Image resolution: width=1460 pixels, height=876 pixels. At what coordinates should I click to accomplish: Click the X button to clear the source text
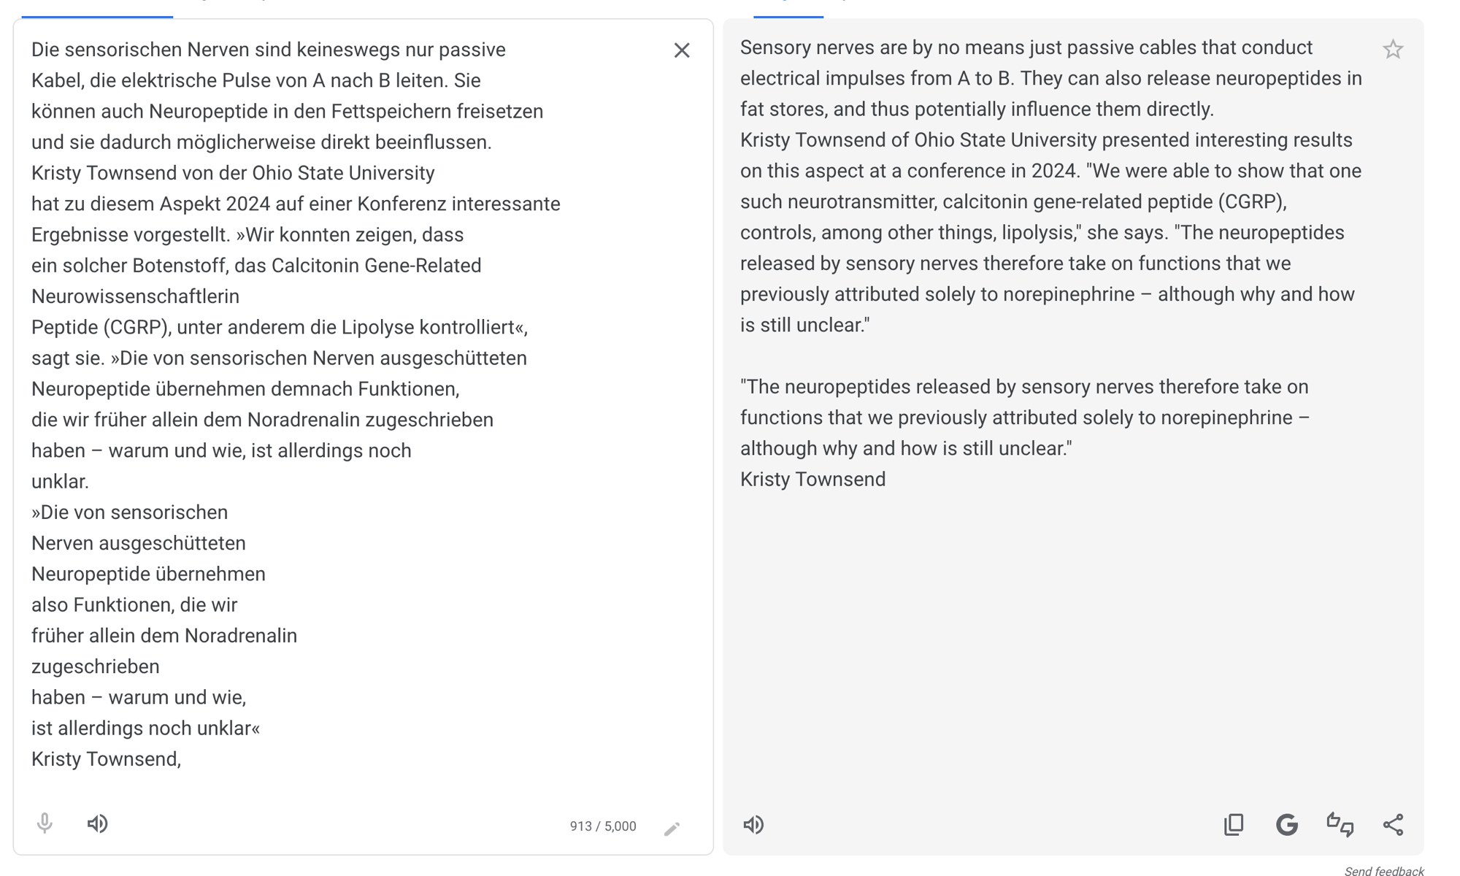pyautogui.click(x=681, y=50)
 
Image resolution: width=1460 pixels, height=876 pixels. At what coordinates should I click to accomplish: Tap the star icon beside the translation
pyautogui.click(x=1392, y=50)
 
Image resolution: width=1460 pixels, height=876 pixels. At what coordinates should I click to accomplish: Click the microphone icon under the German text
pyautogui.click(x=45, y=823)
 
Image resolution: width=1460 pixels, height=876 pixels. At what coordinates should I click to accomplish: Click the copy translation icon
pyautogui.click(x=1234, y=824)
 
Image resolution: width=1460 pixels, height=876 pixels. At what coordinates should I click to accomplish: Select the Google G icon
pyautogui.click(x=1286, y=824)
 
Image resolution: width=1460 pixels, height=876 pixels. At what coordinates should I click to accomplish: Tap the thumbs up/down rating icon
pyautogui.click(x=1340, y=824)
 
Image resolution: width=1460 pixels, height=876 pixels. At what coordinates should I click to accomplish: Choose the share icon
pyautogui.click(x=1393, y=824)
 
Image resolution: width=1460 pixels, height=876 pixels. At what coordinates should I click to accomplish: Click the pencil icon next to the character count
pyautogui.click(x=672, y=829)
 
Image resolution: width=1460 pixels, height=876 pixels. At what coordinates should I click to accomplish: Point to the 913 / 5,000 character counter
pyautogui.click(x=603, y=826)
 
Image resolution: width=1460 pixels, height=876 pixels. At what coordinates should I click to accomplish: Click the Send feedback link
pyautogui.click(x=1383, y=871)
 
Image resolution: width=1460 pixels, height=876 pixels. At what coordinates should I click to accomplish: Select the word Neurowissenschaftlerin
pyautogui.click(x=135, y=296)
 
